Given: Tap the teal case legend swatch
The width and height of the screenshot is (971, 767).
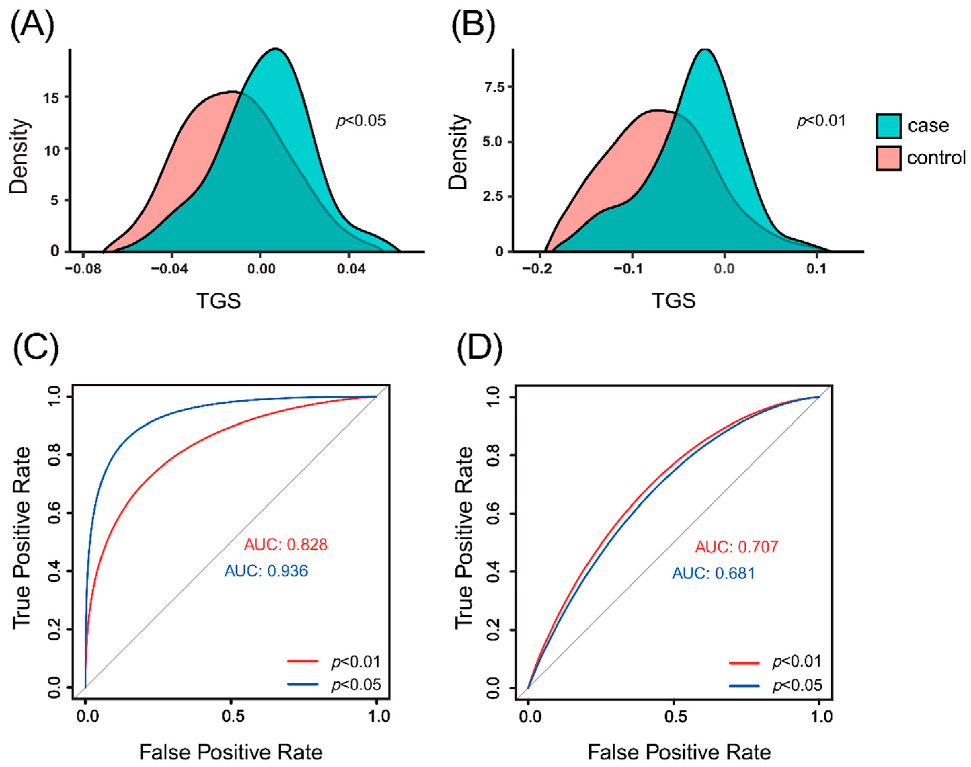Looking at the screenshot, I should pos(888,125).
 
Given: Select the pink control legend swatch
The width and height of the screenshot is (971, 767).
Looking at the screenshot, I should pos(888,158).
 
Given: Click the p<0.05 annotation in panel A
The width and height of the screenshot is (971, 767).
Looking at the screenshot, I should pos(361,121).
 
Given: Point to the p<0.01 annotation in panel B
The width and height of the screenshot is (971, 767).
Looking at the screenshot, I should pos(821,121).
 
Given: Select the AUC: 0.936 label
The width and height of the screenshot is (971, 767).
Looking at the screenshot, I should pos(266,571).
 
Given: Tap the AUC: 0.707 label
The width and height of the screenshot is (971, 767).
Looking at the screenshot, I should pos(736,547).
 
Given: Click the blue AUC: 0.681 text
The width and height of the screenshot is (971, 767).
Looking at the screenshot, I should pos(713,573).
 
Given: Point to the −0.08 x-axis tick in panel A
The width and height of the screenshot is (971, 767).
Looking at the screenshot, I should pos(82,270).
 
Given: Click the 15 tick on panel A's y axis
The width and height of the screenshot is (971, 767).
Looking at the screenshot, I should pos(53,97).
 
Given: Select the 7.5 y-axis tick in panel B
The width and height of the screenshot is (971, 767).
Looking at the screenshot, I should pos(494,87).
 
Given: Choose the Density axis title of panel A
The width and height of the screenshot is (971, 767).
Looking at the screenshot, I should pos(19,156).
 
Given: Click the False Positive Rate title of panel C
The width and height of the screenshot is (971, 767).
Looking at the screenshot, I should pos(231,752).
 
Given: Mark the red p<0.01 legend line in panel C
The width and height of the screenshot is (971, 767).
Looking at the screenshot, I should pos(303,661).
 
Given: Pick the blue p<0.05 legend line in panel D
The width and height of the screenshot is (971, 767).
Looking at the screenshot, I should pos(744,686).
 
